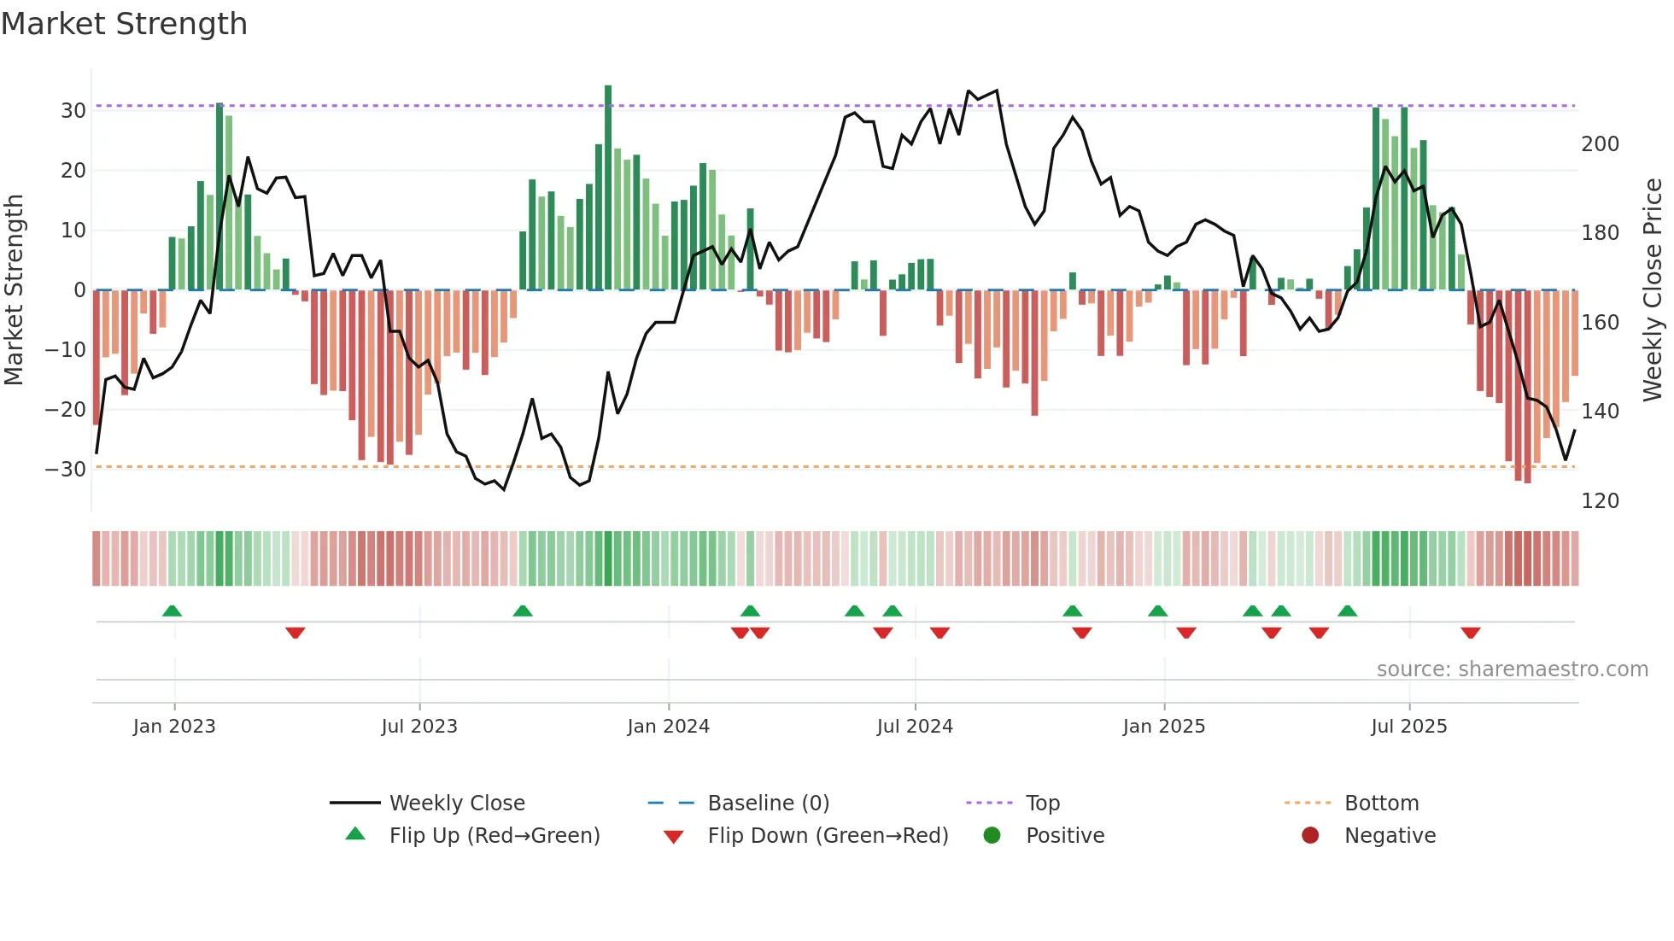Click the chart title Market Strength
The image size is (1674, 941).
pyautogui.click(x=124, y=24)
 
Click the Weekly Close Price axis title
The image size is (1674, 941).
pyautogui.click(x=1653, y=289)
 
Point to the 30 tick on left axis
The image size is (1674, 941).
pyautogui.click(x=73, y=111)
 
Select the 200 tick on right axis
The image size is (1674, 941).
pyautogui.click(x=1600, y=144)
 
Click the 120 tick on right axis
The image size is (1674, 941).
pyautogui.click(x=1600, y=501)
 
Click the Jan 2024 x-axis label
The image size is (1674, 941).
pyautogui.click(x=668, y=727)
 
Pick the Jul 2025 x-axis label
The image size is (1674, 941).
pyautogui.click(x=1408, y=727)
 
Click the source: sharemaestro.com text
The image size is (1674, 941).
pyautogui.click(x=1512, y=669)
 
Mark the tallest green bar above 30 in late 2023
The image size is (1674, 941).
pyautogui.click(x=608, y=188)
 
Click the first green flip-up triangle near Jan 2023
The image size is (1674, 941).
pyautogui.click(x=172, y=611)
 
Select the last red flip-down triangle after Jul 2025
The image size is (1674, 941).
pyautogui.click(x=1470, y=633)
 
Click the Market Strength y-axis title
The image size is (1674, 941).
pyautogui.click(x=15, y=289)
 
